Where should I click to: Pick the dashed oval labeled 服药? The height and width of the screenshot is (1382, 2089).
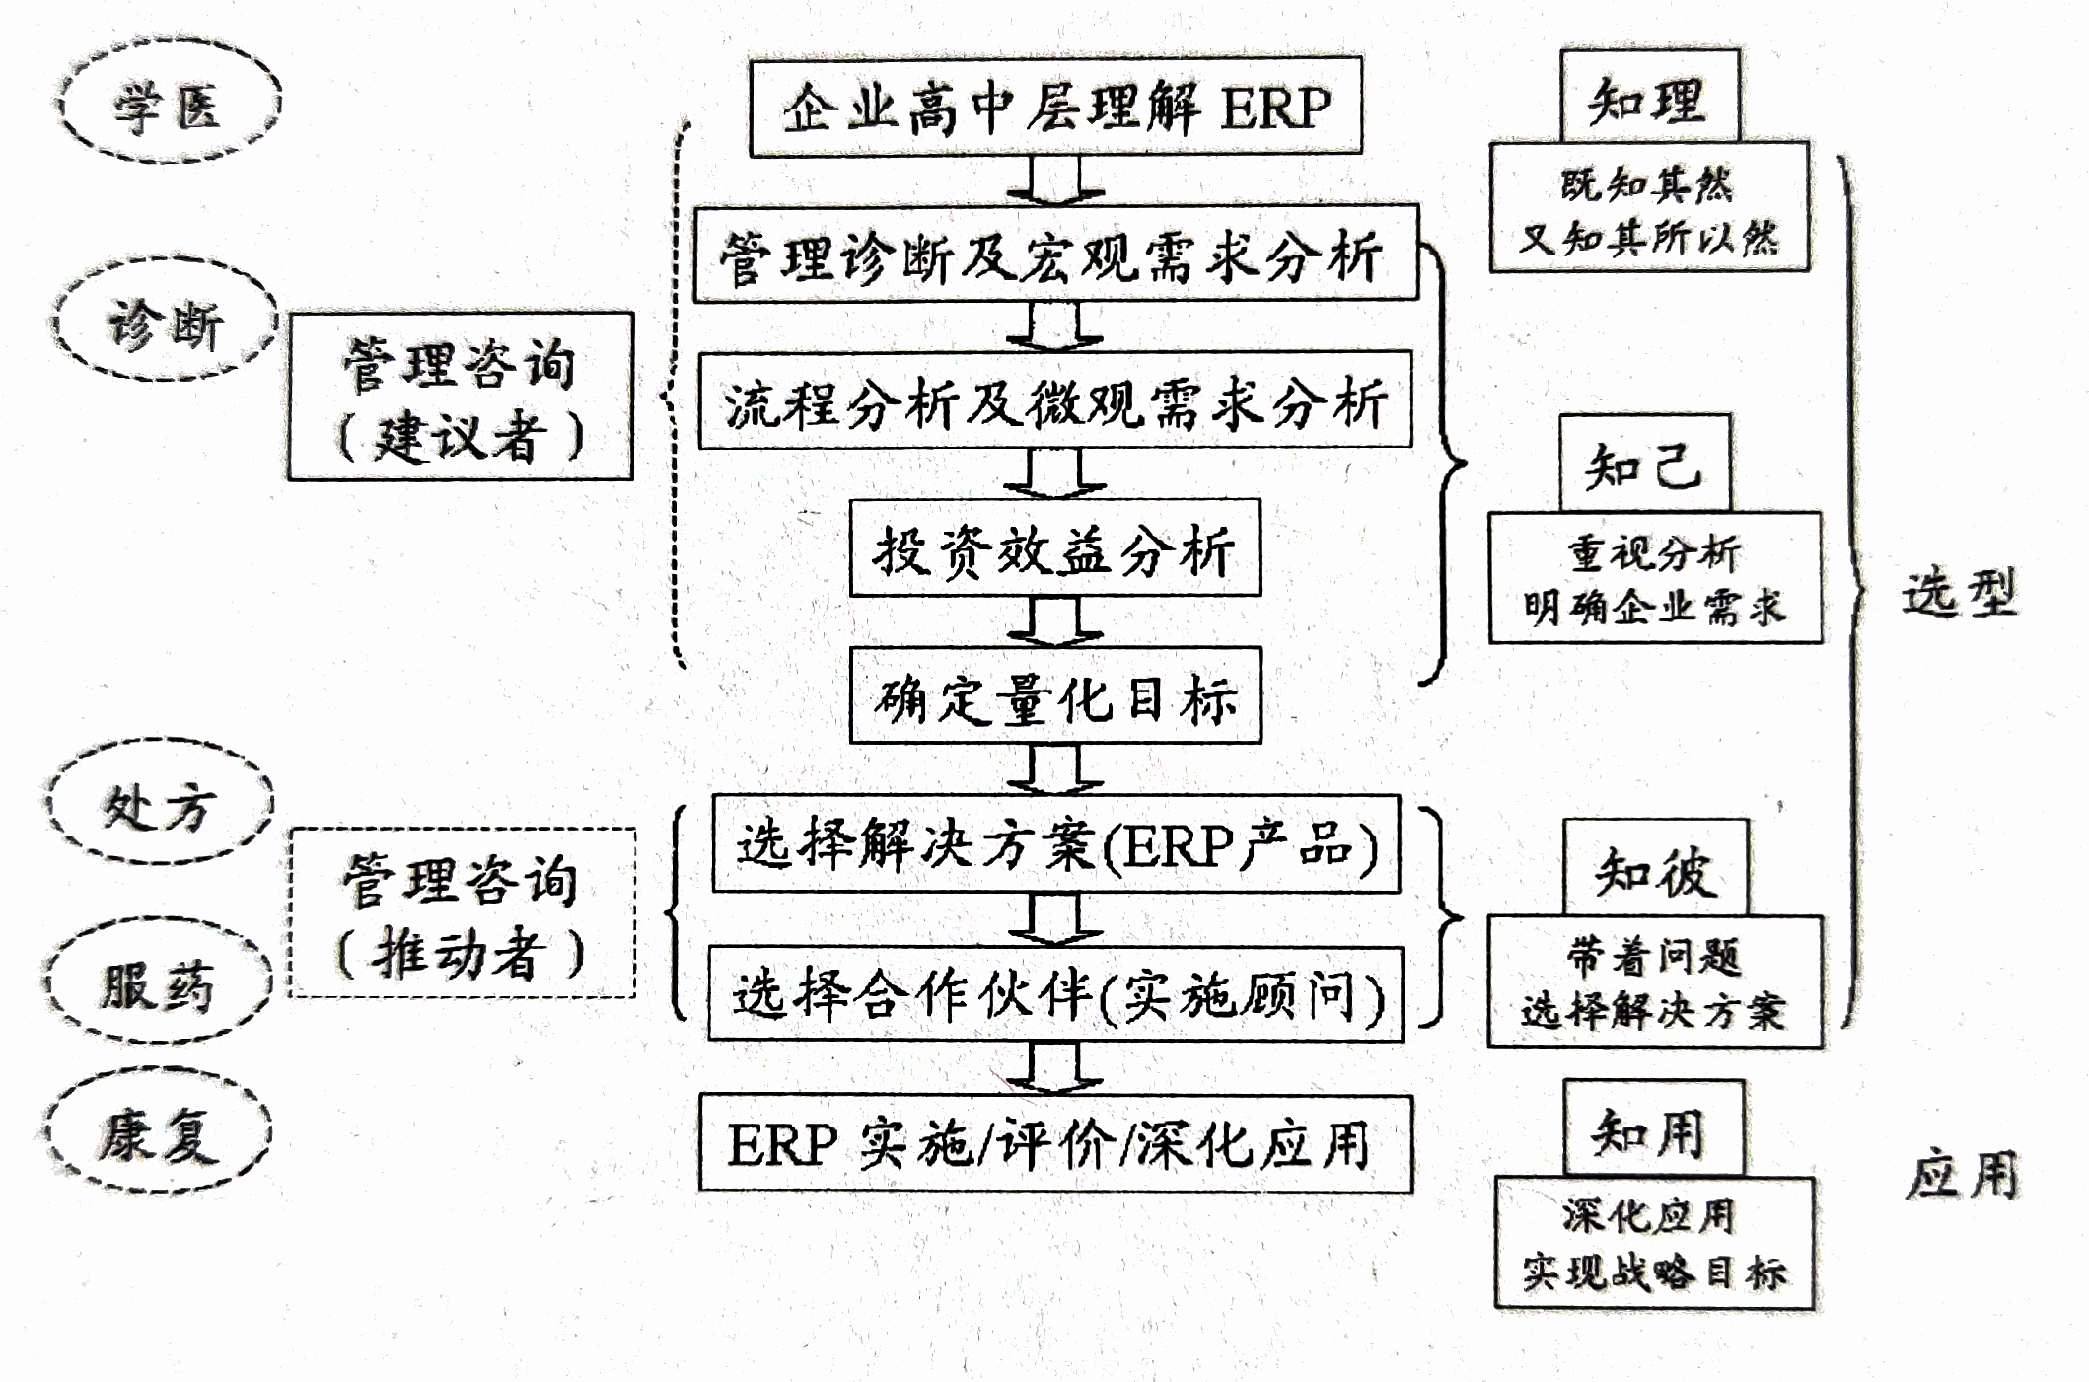click(158, 982)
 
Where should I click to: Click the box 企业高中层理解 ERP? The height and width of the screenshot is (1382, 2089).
click(1055, 107)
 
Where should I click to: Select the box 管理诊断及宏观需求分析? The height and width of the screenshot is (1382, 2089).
click(1055, 255)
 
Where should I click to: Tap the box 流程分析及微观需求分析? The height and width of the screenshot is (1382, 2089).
click(1055, 400)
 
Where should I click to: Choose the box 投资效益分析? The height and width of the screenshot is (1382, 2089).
click(1055, 548)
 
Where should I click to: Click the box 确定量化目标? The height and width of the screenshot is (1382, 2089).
click(1055, 695)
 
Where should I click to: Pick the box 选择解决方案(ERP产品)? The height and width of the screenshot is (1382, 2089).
click(1055, 844)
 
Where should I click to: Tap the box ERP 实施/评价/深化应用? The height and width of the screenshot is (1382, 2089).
click(1055, 1144)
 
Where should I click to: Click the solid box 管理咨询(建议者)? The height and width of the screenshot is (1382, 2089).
click(461, 397)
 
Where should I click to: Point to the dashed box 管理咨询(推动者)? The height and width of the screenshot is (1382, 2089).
click(463, 913)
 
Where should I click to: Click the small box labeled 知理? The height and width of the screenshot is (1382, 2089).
click(1649, 97)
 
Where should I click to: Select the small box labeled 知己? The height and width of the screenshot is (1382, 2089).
click(1645, 464)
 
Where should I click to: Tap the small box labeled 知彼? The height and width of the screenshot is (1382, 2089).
click(1656, 868)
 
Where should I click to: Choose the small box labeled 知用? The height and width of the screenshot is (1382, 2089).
click(1654, 1128)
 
